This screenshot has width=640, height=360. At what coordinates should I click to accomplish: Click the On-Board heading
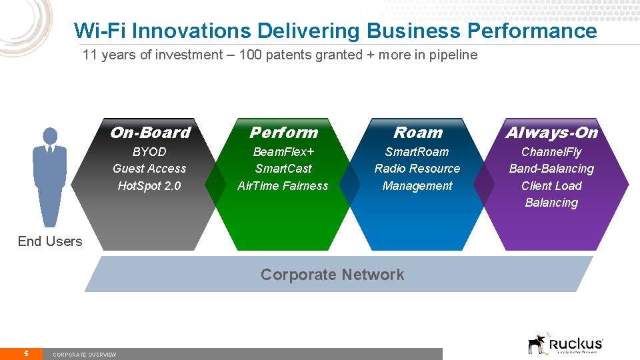tap(149, 133)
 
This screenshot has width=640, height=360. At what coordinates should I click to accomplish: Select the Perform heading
tap(283, 133)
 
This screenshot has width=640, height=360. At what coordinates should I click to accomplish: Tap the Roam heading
tap(417, 133)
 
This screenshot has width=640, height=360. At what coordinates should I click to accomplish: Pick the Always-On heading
tap(551, 133)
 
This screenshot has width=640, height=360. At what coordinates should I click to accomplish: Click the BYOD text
tap(149, 152)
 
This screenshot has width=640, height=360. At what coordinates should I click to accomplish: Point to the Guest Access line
tap(149, 169)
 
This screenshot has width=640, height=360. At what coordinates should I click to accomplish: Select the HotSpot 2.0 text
tap(149, 186)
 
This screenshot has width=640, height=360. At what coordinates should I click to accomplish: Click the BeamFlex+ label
tap(283, 152)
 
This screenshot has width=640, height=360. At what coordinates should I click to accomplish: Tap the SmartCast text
tap(283, 169)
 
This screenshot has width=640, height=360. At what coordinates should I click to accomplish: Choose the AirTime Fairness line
tap(283, 186)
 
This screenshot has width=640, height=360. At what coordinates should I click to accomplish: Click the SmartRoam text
tap(417, 152)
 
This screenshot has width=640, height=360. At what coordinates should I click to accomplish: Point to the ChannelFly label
tap(551, 152)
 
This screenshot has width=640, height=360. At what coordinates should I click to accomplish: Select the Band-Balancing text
tap(551, 169)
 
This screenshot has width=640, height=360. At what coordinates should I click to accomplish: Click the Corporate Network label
tap(332, 275)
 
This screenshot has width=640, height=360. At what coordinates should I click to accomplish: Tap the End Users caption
tap(50, 241)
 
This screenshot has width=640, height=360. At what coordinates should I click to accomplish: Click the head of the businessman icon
tap(50, 135)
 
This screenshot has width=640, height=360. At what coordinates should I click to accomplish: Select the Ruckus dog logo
tap(537, 344)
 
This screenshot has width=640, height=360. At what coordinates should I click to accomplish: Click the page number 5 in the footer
tap(25, 353)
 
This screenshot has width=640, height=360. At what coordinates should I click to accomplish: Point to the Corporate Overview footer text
tap(84, 355)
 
